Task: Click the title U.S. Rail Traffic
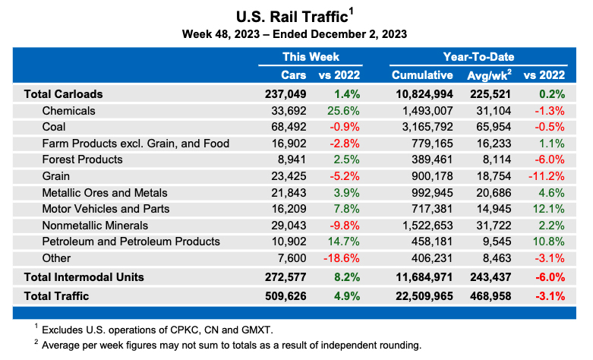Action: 292,15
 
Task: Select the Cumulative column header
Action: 421,75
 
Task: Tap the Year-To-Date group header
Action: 478,56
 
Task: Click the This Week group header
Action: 311,56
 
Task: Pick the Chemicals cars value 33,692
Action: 285,111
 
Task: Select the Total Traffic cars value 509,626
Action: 282,296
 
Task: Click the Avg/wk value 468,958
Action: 488,296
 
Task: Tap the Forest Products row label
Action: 82,159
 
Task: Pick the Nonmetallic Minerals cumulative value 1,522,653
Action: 424,226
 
